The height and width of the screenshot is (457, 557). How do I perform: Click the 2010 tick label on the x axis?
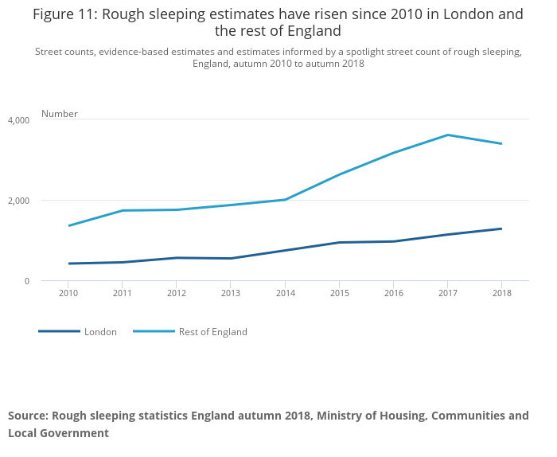coord(68,293)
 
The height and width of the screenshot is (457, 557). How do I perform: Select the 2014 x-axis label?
coord(285,293)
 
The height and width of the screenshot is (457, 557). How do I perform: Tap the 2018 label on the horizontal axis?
coord(501,293)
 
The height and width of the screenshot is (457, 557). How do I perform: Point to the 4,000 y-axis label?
coord(18,120)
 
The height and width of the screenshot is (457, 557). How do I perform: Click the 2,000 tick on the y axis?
coord(18,201)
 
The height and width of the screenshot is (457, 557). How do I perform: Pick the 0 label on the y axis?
coord(26,281)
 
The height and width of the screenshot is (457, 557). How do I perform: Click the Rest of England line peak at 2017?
coord(447,135)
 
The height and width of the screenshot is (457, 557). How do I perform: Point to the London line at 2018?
coord(501,228)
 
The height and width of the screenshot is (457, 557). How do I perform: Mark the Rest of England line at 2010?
coord(68,225)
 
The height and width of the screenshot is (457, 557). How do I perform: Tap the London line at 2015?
coord(339,242)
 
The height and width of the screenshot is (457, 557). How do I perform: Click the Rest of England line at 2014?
coord(285,199)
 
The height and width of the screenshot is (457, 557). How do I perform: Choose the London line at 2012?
coord(177,257)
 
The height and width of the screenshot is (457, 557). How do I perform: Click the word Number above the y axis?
coord(60,114)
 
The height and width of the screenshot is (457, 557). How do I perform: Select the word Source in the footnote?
coord(28,416)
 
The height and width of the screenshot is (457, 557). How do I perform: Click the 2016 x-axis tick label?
coord(393,293)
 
